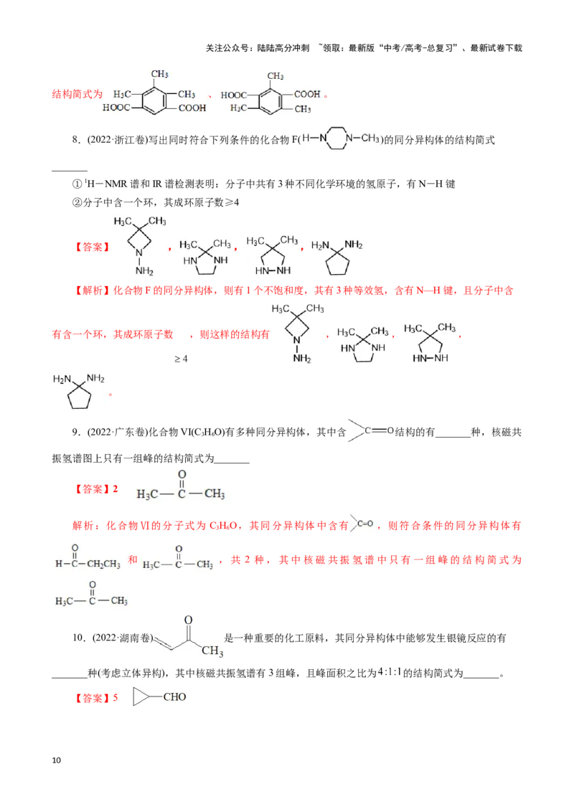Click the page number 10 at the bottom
point(57,760)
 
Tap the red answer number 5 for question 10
point(116,698)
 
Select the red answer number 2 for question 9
point(116,489)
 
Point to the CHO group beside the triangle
point(174,697)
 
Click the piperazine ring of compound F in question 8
point(337,138)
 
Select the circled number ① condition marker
point(77,184)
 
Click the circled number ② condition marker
point(77,202)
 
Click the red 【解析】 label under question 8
point(93,291)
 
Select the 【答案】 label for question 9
point(93,489)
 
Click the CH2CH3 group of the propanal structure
point(103,564)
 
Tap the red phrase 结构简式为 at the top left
point(77,94)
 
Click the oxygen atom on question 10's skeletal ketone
point(189,620)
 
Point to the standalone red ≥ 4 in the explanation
point(181,359)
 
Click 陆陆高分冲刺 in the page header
point(283,48)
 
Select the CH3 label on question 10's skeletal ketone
point(212,651)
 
